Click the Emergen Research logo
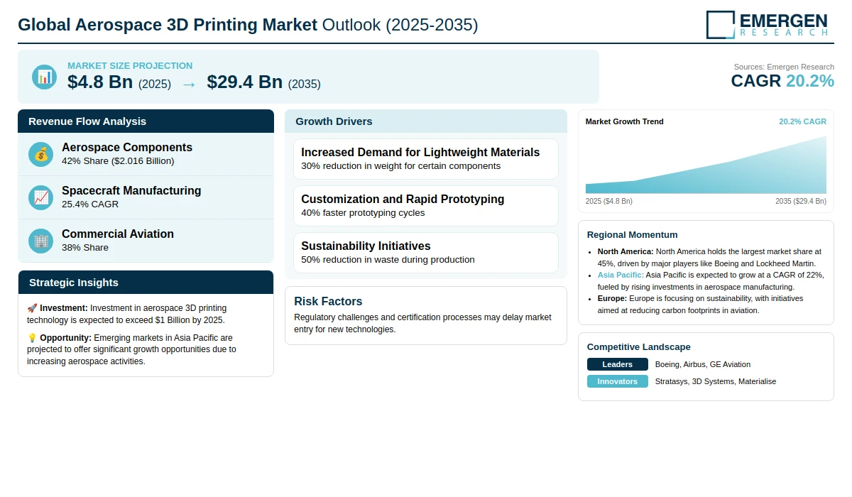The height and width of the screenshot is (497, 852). pos(767,24)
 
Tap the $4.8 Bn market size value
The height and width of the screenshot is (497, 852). pos(100,82)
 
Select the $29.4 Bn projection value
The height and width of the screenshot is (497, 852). pos(245,82)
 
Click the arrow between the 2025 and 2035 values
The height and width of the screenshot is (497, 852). pos(189,84)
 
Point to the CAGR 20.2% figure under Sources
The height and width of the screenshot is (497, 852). pos(782,81)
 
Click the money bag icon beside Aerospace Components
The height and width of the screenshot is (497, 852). pos(41,154)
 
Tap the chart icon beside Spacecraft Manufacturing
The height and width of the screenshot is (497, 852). pos(41,197)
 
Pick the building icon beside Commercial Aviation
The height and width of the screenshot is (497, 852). pos(41,241)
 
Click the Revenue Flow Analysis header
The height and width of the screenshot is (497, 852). pos(87,121)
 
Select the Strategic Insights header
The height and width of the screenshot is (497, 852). pos(74,283)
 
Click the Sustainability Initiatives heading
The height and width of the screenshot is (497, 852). pos(366,246)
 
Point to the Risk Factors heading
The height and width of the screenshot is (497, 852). pos(328,301)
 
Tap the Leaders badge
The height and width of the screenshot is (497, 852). pos(617,364)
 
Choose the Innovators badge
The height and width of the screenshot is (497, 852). pos(617,381)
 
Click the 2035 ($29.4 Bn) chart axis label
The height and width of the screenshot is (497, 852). pos(800,201)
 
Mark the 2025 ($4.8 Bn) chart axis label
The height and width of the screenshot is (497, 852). pos(609,201)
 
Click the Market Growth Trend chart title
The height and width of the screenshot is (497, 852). pos(624,121)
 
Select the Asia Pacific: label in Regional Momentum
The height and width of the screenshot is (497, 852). pos(621,275)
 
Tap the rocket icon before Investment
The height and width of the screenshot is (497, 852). pos(32,308)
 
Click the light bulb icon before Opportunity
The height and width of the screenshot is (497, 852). pos(32,338)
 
